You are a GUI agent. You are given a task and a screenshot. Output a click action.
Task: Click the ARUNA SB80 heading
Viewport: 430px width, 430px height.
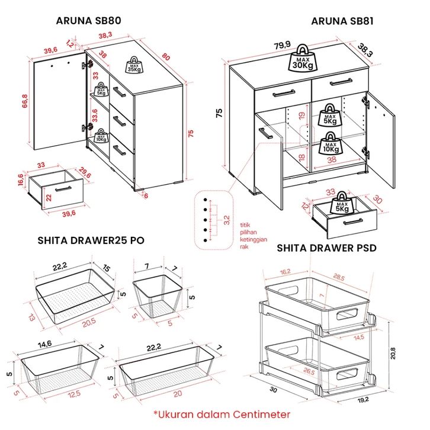click(88, 21)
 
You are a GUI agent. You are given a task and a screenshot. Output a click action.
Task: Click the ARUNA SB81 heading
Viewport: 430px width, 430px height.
click(342, 21)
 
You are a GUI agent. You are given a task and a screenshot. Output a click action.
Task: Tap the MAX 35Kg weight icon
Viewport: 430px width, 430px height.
click(134, 65)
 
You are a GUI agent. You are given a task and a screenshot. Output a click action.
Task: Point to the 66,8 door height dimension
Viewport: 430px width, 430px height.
click(24, 101)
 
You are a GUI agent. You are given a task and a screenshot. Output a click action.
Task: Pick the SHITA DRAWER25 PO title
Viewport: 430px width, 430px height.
click(91, 240)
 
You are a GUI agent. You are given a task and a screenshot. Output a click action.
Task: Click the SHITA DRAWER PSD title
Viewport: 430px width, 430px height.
click(326, 248)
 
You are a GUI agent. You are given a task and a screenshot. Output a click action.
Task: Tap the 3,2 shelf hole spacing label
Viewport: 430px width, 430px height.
click(226, 220)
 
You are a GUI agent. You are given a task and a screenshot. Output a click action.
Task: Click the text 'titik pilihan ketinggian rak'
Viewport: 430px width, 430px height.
click(253, 236)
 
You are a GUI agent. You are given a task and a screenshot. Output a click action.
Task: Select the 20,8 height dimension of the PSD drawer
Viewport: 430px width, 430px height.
click(393, 353)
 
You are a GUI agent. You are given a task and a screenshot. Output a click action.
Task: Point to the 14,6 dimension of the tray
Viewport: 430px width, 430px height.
click(44, 345)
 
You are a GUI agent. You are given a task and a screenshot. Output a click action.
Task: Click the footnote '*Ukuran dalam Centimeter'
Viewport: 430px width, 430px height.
click(222, 414)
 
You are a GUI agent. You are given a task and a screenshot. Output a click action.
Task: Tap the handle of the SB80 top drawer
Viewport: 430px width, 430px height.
click(119, 92)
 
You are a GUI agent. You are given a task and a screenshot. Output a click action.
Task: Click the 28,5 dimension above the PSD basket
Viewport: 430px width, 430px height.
click(339, 277)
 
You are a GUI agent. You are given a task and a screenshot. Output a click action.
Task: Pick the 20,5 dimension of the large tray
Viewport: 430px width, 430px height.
click(89, 323)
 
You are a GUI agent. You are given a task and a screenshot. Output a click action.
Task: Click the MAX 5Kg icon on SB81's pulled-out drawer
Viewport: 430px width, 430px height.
click(342, 203)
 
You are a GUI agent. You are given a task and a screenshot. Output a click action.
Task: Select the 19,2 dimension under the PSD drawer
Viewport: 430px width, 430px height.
click(363, 400)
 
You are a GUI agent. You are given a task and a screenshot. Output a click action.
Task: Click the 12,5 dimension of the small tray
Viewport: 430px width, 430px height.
click(74, 394)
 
